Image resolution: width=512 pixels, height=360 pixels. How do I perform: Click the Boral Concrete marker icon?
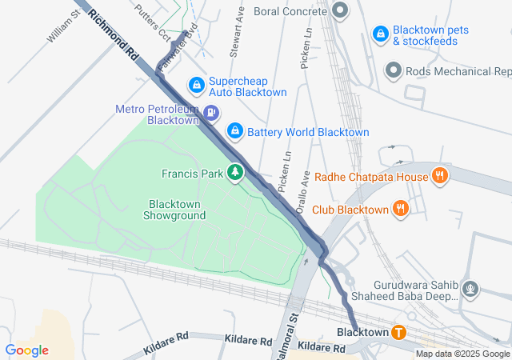340,11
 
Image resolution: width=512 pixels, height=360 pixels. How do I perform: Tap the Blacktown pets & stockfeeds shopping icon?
382,34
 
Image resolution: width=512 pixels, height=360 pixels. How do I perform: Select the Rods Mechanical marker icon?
393,71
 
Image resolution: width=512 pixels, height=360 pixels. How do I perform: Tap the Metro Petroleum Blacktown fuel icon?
211,113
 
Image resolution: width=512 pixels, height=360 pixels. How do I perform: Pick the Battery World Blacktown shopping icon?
234,130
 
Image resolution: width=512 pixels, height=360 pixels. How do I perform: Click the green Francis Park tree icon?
235,172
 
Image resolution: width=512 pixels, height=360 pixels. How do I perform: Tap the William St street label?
61,28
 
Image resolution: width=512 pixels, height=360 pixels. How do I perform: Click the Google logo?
26,350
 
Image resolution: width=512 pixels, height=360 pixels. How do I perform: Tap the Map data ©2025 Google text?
462,354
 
